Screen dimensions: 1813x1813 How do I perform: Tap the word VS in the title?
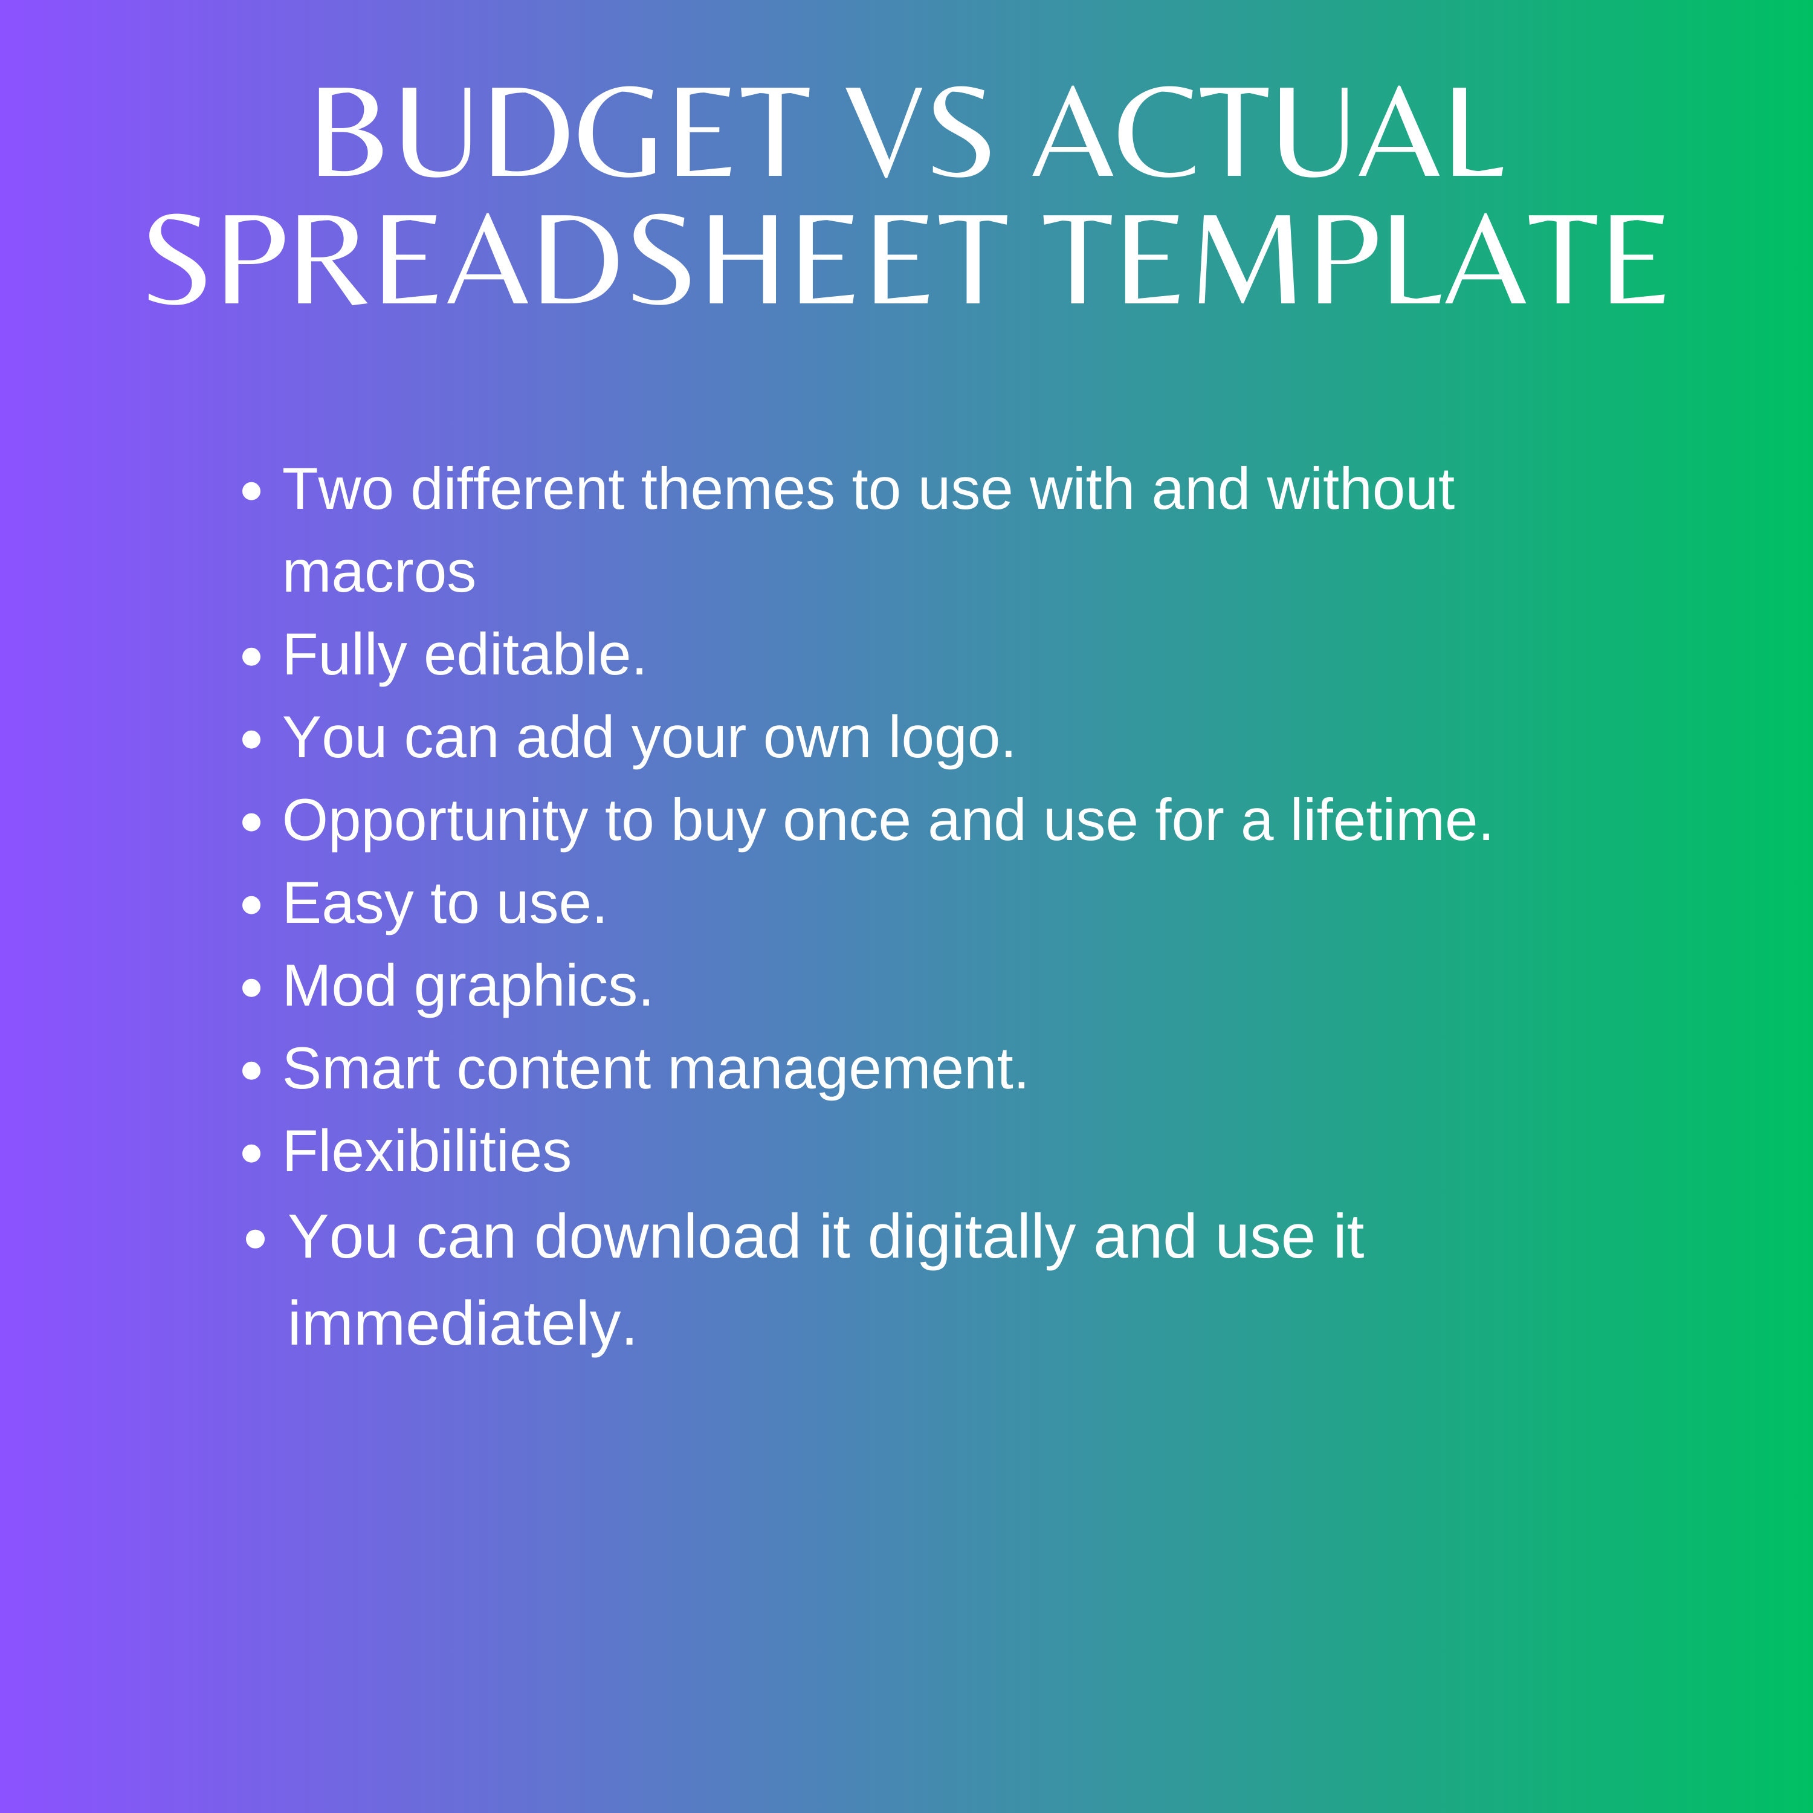tap(922, 133)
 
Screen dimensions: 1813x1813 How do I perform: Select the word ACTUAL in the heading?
tap(1268, 133)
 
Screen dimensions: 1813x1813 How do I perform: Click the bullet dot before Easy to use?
tap(251, 905)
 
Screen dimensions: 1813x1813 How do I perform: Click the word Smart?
tap(361, 1069)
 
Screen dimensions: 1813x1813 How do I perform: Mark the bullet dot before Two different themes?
tap(251, 492)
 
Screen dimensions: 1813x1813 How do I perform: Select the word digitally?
tap(971, 1238)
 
